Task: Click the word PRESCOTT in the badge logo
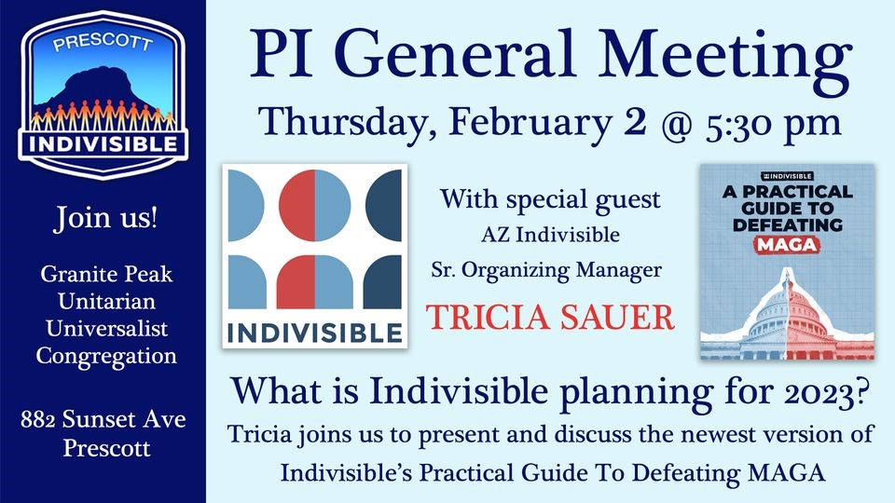103,43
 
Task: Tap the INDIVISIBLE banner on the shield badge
103,143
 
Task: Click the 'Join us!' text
105,218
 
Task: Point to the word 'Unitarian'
106,301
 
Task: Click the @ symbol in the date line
677,123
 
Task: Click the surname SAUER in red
616,317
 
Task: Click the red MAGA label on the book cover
787,245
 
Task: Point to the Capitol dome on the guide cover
788,308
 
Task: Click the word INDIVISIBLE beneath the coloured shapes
314,333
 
